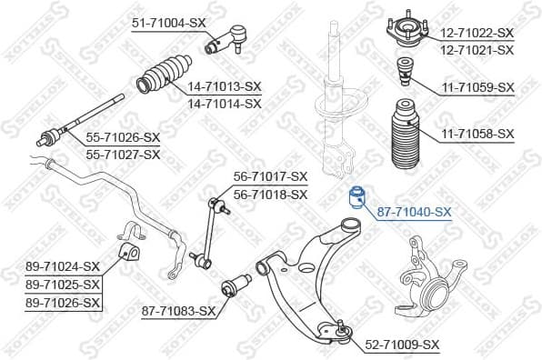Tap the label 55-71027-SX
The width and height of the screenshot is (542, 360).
coord(123,155)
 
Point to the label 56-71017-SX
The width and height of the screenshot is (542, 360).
coord(270,176)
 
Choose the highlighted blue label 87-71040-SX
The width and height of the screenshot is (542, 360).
coord(414,213)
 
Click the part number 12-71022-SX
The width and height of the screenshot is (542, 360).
coord(478,33)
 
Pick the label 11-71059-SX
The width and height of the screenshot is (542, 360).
coord(478,87)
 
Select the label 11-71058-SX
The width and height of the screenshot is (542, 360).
coord(478,135)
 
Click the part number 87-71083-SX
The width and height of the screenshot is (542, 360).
coord(178,311)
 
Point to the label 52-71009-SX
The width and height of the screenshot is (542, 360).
coord(402,345)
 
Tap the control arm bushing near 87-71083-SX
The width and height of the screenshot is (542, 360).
coord(239,285)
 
